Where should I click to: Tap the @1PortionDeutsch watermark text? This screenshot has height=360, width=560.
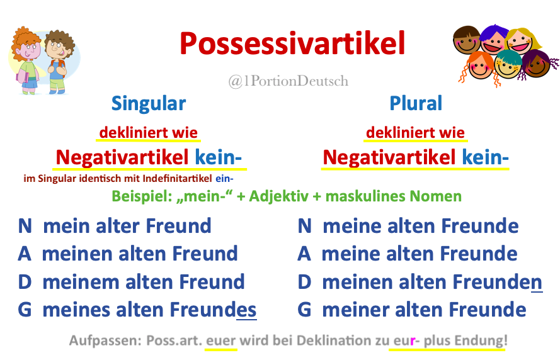(288, 81)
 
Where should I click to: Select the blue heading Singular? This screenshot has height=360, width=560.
(149, 103)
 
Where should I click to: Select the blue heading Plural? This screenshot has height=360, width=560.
(416, 103)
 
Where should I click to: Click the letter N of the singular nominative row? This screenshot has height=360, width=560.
(25, 226)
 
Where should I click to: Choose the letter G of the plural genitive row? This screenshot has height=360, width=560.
(305, 310)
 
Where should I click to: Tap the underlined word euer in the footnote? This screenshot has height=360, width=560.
(221, 341)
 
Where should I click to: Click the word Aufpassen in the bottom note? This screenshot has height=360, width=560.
(103, 341)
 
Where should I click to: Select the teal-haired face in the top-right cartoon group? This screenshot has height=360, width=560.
(508, 64)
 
